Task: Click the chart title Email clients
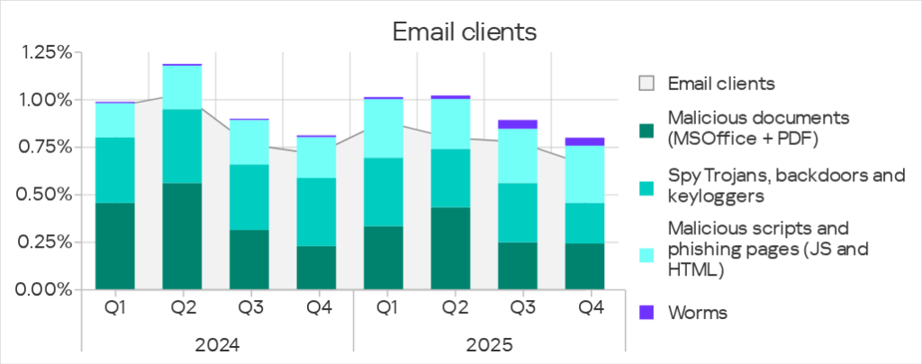pyautogui.click(x=465, y=32)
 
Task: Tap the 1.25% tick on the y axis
pyautogui.click(x=45, y=53)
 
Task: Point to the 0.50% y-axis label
pyautogui.click(x=45, y=195)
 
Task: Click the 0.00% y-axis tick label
pyautogui.click(x=45, y=290)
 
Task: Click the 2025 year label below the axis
pyautogui.click(x=489, y=344)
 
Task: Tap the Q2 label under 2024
pyautogui.click(x=183, y=308)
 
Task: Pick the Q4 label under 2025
pyautogui.click(x=591, y=308)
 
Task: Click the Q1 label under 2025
pyautogui.click(x=386, y=308)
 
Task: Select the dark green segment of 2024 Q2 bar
pyautogui.click(x=183, y=236)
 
